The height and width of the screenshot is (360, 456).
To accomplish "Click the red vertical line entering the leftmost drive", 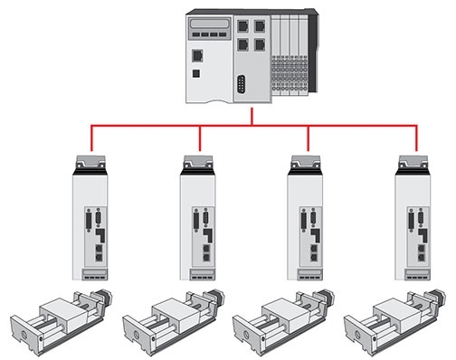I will click(92, 139).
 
